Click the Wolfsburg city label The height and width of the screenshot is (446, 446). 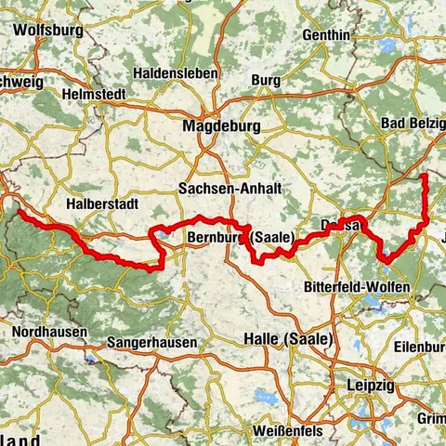tap(48, 30)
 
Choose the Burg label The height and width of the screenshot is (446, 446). tap(266, 81)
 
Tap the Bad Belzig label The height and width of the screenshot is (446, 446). tap(413, 123)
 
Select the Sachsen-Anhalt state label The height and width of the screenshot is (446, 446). tap(229, 188)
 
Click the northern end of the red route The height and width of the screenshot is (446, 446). tap(424, 176)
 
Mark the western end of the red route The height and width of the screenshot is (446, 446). tap(18, 212)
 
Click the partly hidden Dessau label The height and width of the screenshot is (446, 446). tap(334, 225)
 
